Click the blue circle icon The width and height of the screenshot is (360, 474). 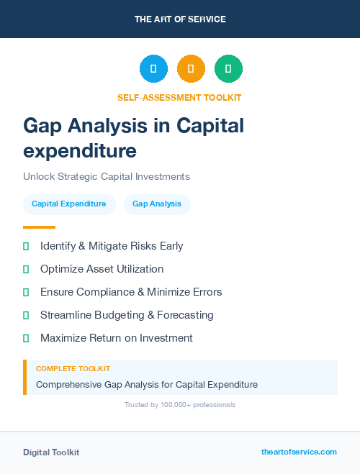pyautogui.click(x=153, y=68)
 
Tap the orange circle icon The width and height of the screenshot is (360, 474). pyautogui.click(x=191, y=68)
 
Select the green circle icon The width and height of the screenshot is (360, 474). pyautogui.click(x=228, y=68)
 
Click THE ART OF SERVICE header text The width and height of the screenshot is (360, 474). pyautogui.click(x=180, y=19)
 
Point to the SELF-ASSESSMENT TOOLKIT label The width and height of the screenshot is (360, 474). pyautogui.click(x=179, y=97)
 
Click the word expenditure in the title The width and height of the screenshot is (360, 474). pyautogui.click(x=79, y=151)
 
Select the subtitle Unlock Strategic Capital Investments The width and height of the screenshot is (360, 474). pyautogui.click(x=106, y=176)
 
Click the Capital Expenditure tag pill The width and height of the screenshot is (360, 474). pyautogui.click(x=69, y=204)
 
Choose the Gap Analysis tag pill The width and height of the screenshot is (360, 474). pyautogui.click(x=157, y=204)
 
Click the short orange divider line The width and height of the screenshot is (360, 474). pyautogui.click(x=39, y=227)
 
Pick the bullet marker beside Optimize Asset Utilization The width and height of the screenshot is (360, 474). pyautogui.click(x=26, y=269)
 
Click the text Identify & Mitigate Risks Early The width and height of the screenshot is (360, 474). pyautogui.click(x=112, y=246)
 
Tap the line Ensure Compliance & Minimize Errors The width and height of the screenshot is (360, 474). pyautogui.click(x=131, y=292)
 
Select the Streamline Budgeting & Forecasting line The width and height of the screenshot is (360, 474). pyautogui.click(x=127, y=315)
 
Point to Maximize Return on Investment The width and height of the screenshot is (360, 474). pyautogui.click(x=117, y=338)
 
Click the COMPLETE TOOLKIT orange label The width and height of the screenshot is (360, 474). pyautogui.click(x=73, y=368)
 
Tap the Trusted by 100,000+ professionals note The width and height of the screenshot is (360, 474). pyautogui.click(x=179, y=405)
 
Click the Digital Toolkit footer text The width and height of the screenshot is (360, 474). pyautogui.click(x=51, y=452)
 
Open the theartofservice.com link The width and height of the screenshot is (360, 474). pyautogui.click(x=299, y=452)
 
